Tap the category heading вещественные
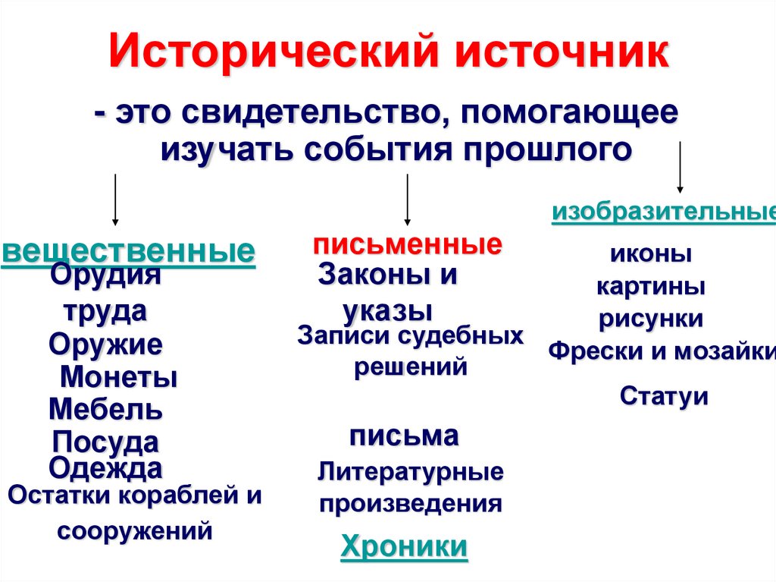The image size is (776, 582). (x=129, y=253)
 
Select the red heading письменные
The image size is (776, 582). (x=407, y=245)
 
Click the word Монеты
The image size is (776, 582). (x=118, y=377)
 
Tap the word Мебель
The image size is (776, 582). (x=105, y=410)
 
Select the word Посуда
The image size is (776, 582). (x=105, y=442)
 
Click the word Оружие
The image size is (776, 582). (x=105, y=345)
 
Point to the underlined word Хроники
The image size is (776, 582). (x=404, y=546)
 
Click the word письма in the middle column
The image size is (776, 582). (x=404, y=436)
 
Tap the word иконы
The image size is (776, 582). (x=651, y=254)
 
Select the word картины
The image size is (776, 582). (x=651, y=287)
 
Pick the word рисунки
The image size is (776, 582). (x=651, y=319)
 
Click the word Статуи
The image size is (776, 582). (x=664, y=396)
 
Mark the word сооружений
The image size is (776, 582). (x=134, y=530)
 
